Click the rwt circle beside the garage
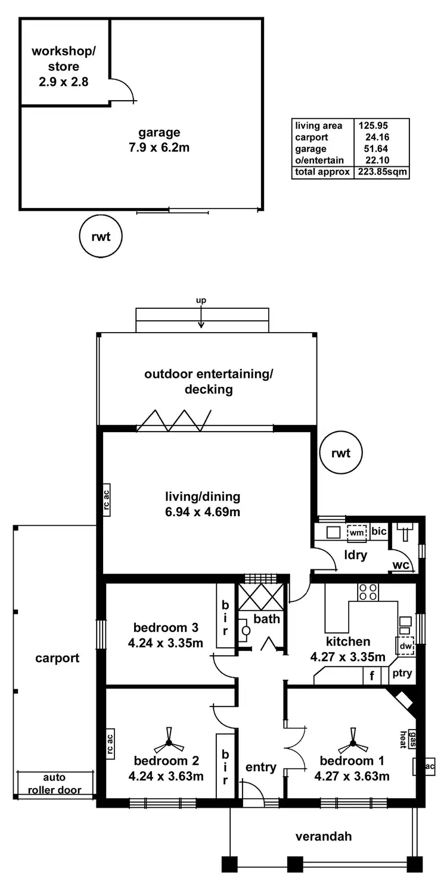click(101, 237)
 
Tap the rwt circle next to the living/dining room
click(341, 453)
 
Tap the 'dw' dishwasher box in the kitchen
click(405, 645)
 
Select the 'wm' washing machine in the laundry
click(357, 532)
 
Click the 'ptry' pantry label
click(401, 675)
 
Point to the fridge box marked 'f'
click(372, 675)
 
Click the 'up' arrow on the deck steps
click(201, 316)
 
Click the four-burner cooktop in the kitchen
click(368, 591)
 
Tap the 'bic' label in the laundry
click(378, 531)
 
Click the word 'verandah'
click(324, 836)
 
